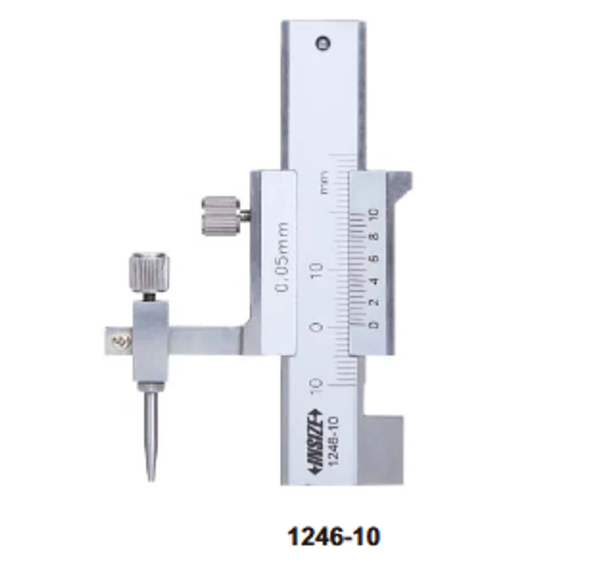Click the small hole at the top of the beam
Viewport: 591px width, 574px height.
pyautogui.click(x=322, y=44)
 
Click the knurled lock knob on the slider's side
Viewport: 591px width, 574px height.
pyautogui.click(x=221, y=215)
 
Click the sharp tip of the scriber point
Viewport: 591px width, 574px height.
pyautogui.click(x=151, y=477)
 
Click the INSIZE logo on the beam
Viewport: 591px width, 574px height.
pyautogui.click(x=316, y=443)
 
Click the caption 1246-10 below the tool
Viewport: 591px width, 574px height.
pyautogui.click(x=333, y=537)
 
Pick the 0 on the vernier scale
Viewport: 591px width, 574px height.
pyautogui.click(x=374, y=324)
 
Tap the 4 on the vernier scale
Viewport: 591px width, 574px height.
pyautogui.click(x=374, y=281)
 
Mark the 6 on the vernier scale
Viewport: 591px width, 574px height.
pyautogui.click(x=374, y=259)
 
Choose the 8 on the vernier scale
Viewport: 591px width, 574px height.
pyautogui.click(x=374, y=237)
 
